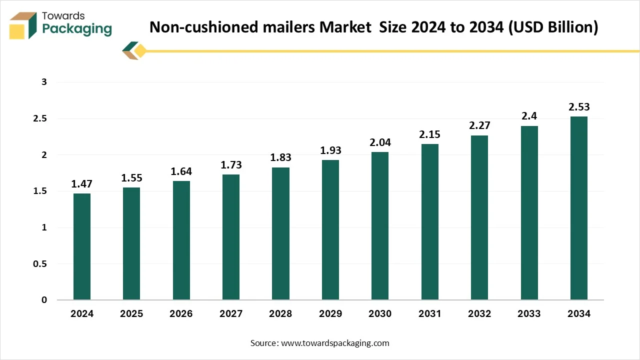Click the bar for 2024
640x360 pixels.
(82, 246)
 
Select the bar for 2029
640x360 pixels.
(330, 230)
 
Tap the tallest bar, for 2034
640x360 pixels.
(578, 208)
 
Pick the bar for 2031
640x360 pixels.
(429, 222)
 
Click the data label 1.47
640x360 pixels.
(82, 184)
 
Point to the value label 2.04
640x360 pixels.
(379, 142)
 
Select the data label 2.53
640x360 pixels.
(578, 107)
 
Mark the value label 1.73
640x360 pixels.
(230, 165)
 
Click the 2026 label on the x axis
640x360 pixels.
(181, 314)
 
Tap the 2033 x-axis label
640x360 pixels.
(529, 314)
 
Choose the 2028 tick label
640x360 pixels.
(280, 314)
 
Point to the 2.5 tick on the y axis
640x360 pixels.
(40, 119)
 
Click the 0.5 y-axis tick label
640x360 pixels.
(40, 264)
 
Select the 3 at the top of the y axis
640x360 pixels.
(44, 82)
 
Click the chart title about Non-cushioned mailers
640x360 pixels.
(373, 27)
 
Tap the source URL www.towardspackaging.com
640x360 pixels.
(335, 343)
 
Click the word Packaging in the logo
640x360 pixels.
(77, 29)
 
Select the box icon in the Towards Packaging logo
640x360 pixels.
(23, 25)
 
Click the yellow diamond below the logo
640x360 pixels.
(140, 50)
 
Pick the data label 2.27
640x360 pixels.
(479, 126)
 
